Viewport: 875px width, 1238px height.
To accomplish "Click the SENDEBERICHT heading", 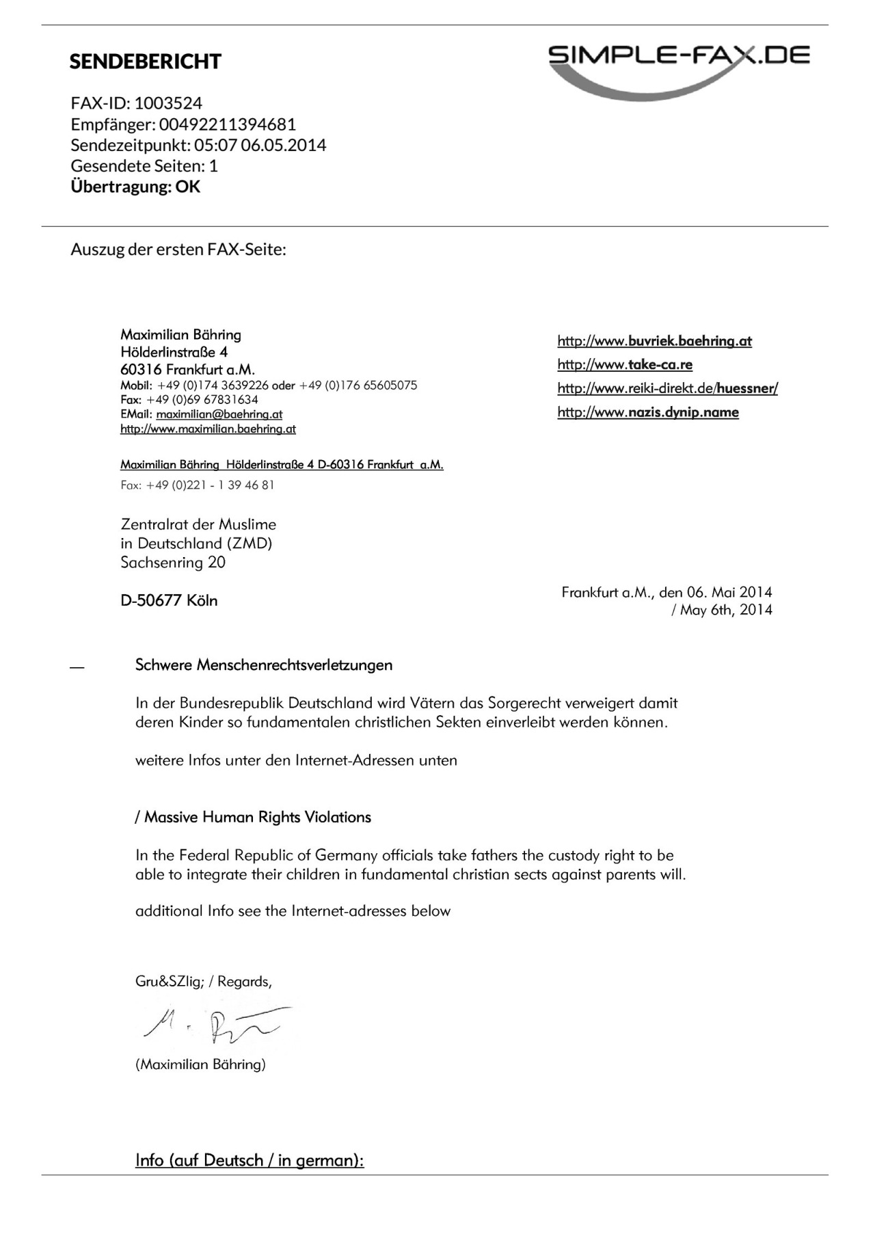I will click(x=145, y=62).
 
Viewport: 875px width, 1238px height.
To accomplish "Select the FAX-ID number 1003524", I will click(x=168, y=103).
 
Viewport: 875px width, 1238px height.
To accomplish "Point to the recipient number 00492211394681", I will click(x=228, y=124).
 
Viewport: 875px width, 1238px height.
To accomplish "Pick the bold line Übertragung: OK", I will click(x=135, y=187).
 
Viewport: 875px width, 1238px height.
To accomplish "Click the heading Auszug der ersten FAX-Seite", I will click(x=178, y=249).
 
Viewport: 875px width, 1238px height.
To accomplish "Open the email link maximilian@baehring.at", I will click(x=219, y=414).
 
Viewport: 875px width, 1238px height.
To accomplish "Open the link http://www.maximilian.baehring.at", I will click(x=208, y=429).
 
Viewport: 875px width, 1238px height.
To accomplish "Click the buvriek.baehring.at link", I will click(x=654, y=341).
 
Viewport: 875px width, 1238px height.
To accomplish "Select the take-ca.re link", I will click(x=625, y=364).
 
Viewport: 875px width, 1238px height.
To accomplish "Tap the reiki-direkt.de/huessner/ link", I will click(x=667, y=388).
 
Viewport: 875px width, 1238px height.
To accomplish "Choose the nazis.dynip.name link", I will click(x=648, y=412).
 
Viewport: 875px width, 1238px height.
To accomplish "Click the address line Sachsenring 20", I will click(x=173, y=563).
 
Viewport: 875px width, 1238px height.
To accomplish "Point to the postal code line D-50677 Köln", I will click(x=169, y=600).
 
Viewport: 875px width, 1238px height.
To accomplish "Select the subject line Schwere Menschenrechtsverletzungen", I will click(x=264, y=665).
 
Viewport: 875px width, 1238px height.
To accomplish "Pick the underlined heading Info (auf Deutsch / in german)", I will click(x=250, y=1160).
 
